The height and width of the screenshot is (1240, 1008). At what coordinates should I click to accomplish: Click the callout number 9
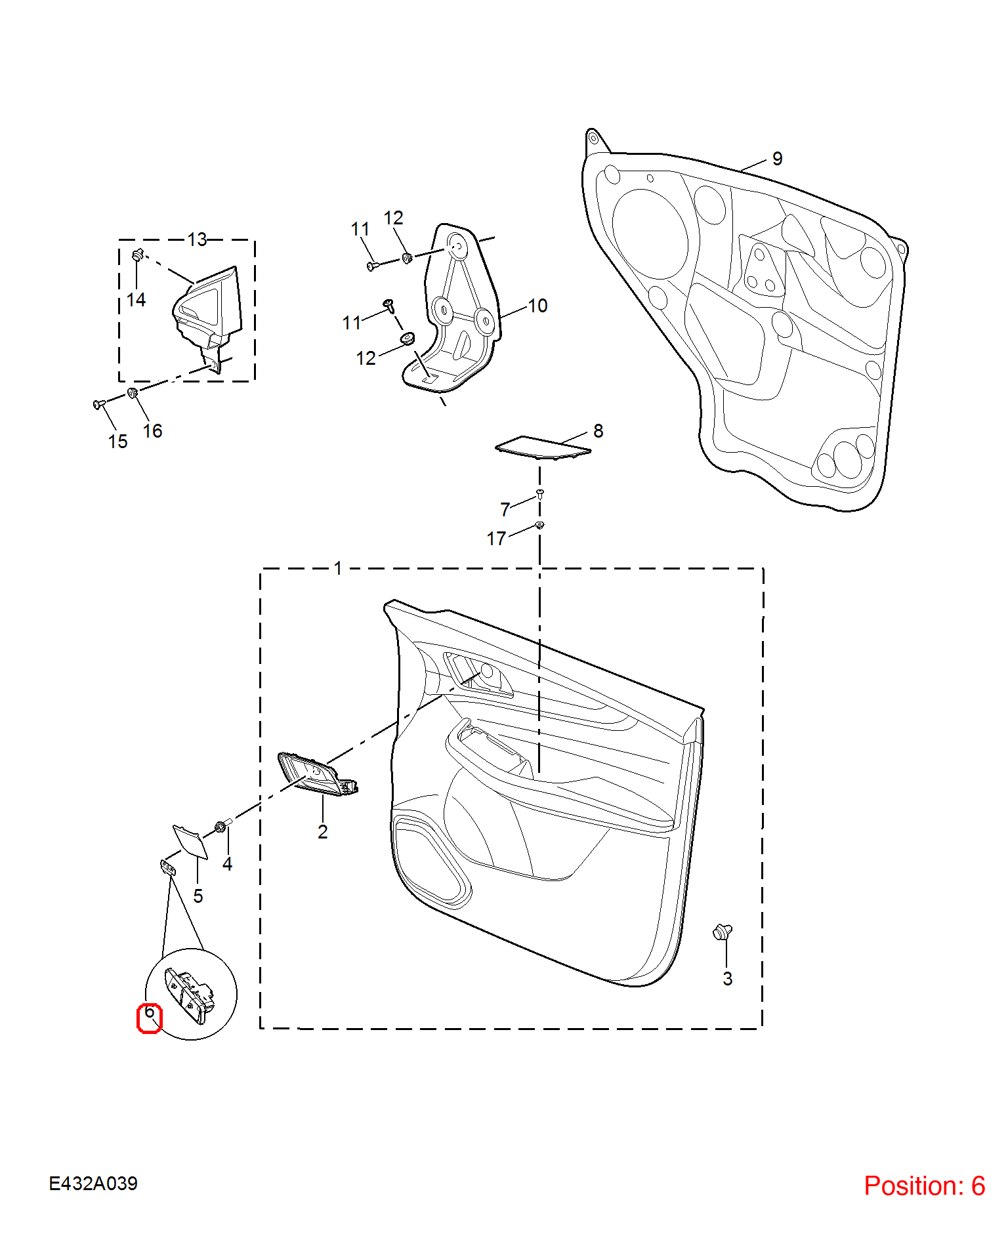[778, 159]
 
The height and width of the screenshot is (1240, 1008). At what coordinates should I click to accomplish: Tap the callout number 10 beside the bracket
[537, 306]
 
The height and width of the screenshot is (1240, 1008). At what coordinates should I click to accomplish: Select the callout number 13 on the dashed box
[197, 239]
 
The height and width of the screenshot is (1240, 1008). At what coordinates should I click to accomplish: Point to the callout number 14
[136, 300]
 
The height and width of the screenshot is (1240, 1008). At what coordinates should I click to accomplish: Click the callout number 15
[118, 442]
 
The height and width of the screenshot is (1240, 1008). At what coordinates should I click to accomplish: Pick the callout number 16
[153, 431]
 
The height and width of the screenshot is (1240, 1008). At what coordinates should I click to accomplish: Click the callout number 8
[598, 431]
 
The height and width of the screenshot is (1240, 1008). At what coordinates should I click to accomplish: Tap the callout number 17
[496, 539]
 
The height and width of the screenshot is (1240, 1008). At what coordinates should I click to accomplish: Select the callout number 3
[728, 979]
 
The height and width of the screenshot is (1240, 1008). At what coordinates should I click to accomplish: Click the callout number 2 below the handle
[323, 832]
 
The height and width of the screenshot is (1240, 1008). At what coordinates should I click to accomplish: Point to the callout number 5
[198, 896]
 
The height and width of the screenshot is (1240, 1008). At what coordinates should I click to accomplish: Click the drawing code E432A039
[93, 1184]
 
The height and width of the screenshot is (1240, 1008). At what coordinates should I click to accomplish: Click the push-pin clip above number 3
[723, 932]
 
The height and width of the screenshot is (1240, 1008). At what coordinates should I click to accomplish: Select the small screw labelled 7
[540, 493]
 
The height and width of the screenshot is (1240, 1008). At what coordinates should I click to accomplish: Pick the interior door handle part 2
[318, 774]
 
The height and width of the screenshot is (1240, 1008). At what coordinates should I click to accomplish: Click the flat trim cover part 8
[543, 447]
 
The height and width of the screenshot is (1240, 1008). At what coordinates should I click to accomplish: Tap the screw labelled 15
[100, 404]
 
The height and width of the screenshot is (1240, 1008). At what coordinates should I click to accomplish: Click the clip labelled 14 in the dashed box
[138, 255]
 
